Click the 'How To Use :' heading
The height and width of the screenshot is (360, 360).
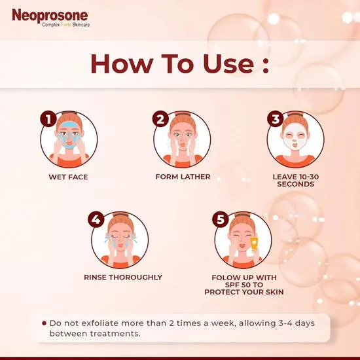pos(180,63)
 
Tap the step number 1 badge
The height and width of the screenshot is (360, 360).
pos(46,118)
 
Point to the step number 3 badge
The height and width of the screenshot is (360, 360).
pos(276,118)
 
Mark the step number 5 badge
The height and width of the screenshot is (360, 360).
pos(221,219)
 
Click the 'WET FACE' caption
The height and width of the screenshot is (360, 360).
pos(68,177)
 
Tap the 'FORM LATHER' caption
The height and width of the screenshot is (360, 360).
pos(183,177)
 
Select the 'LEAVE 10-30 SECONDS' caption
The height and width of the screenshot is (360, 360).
pos(295,181)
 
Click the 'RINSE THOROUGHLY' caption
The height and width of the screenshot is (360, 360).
pos(123,277)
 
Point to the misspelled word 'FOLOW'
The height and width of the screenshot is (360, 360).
pos(223,277)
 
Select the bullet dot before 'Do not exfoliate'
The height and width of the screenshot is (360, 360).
pos(44,323)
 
